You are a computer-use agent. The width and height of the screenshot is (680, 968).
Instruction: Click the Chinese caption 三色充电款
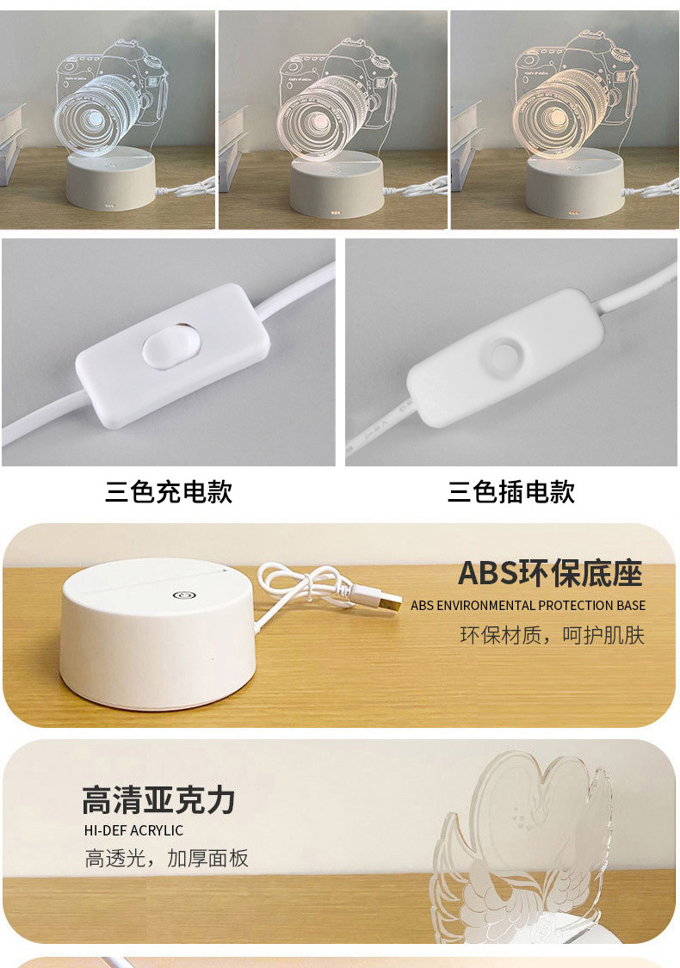pyautogui.click(x=169, y=492)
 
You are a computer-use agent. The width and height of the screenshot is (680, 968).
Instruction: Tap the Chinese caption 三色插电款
pyautogui.click(x=510, y=492)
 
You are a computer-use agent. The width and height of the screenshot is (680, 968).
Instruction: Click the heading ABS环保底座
pyautogui.click(x=550, y=573)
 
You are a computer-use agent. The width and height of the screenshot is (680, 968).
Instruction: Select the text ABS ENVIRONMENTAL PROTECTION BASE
pyautogui.click(x=528, y=606)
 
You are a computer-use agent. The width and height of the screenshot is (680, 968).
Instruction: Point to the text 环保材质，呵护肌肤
pyautogui.click(x=552, y=636)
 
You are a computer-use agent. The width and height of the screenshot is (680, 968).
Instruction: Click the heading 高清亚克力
pyautogui.click(x=158, y=800)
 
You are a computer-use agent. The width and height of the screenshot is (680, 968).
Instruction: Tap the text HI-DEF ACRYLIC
pyautogui.click(x=133, y=831)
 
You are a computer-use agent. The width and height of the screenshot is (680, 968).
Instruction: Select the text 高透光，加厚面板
pyautogui.click(x=166, y=858)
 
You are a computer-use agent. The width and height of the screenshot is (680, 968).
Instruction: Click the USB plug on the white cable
pyautogui.click(x=389, y=601)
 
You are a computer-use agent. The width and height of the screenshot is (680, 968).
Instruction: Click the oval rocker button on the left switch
pyautogui.click(x=164, y=346)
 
